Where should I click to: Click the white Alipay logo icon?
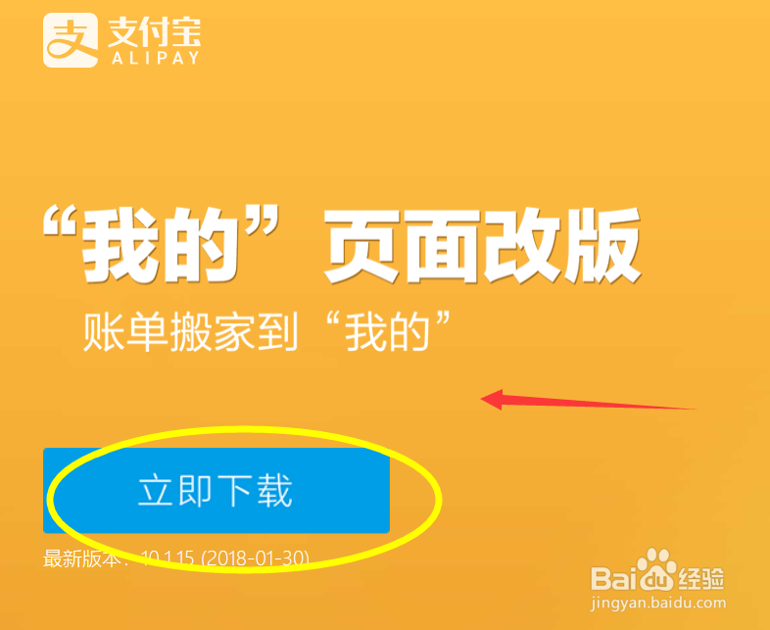click(70, 39)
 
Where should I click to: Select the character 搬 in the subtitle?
click(203, 332)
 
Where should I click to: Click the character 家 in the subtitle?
click(252, 332)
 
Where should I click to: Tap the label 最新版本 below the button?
click(80, 559)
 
